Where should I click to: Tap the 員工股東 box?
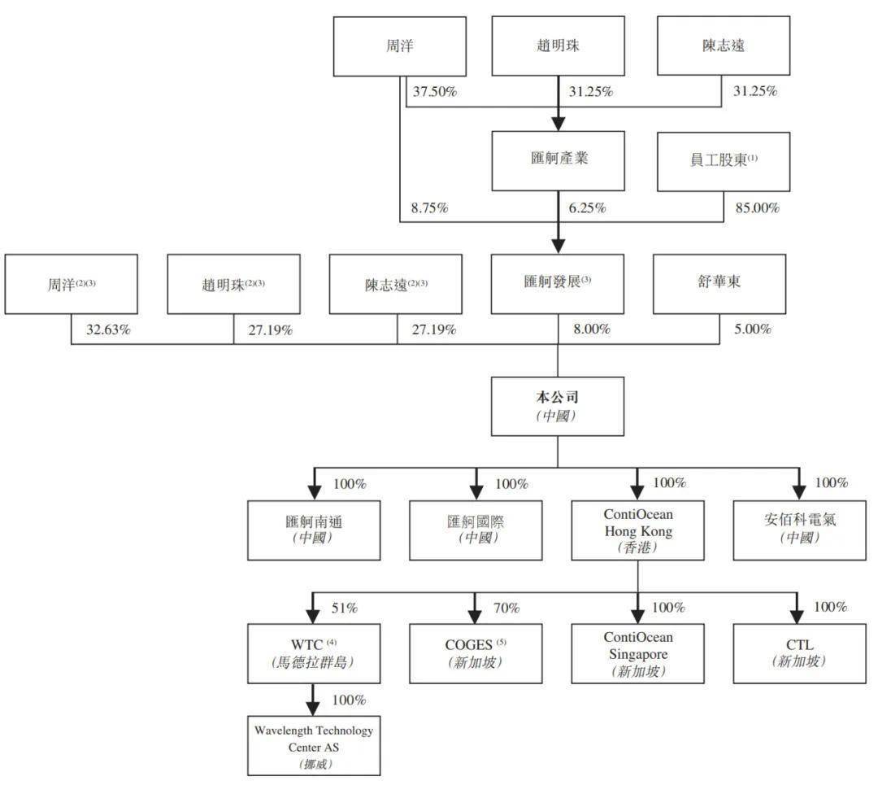coord(724,161)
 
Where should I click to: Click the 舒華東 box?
coord(719,284)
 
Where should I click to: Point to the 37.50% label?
coord(435,91)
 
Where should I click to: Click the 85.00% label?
coord(756,207)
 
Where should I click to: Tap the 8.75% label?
coord(430,207)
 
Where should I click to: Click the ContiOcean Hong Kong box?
coord(638,530)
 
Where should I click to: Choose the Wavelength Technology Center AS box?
coord(313,744)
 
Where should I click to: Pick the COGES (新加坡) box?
coord(476,652)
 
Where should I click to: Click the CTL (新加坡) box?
coord(799,652)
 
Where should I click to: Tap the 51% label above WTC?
coord(345,607)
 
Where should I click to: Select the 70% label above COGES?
coord(506,607)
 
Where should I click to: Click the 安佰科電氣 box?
coord(799,530)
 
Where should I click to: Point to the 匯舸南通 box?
coord(313,530)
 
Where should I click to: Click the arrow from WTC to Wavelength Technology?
coord(313,698)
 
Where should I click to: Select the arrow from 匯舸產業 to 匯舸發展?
coord(558,222)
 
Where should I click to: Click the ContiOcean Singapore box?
coord(638,652)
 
